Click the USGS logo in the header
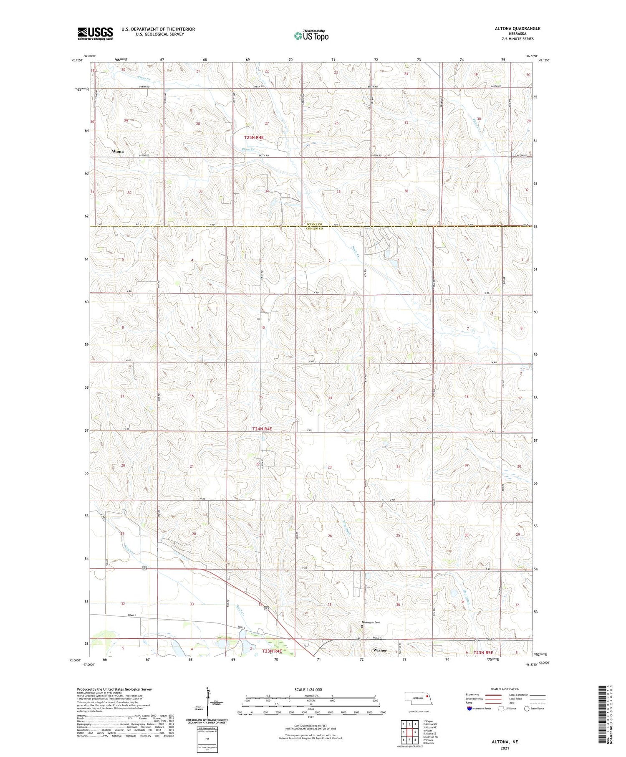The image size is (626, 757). click(95, 33)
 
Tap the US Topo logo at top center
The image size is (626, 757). click(311, 35)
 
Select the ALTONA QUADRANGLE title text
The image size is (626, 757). click(517, 28)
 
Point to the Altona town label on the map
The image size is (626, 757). click(117, 151)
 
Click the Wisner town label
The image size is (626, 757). click(380, 650)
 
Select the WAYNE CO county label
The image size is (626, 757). click(314, 224)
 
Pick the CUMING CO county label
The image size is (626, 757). click(314, 229)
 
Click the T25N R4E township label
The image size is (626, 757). click(254, 137)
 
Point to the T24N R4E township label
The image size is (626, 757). click(262, 429)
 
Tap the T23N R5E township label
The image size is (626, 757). click(483, 652)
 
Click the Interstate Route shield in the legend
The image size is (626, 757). click(469, 709)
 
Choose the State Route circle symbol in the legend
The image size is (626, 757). click(527, 709)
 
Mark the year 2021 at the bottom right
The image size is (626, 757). click(510, 748)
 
